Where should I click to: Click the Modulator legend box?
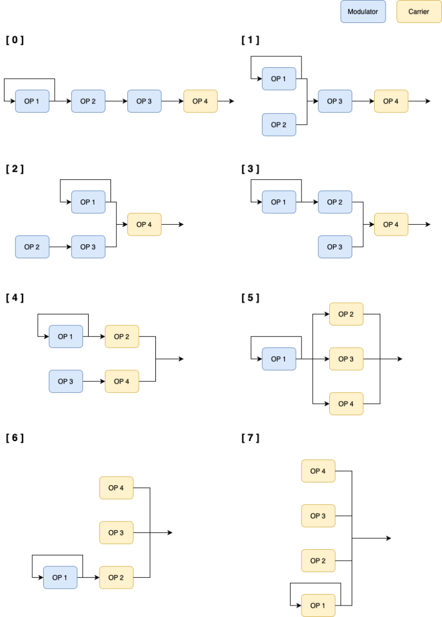pyautogui.click(x=363, y=12)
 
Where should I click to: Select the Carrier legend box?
pyautogui.click(x=418, y=12)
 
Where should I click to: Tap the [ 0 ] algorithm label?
pyautogui.click(x=14, y=40)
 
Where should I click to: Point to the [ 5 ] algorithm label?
pyautogui.click(x=250, y=297)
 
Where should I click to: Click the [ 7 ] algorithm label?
pyautogui.click(x=250, y=438)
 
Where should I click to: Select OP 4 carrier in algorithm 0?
pyautogui.click(x=200, y=101)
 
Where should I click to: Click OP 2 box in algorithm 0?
pyautogui.click(x=88, y=101)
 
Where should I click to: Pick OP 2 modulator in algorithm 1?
pyautogui.click(x=279, y=125)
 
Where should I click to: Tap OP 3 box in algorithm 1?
pyautogui.click(x=335, y=101)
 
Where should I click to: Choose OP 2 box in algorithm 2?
pyautogui.click(x=32, y=247)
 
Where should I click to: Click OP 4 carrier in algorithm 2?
pyautogui.click(x=144, y=224)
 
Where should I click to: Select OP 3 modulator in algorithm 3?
pyautogui.click(x=335, y=247)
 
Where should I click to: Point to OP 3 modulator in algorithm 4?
pyautogui.click(x=66, y=381)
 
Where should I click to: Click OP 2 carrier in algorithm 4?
pyautogui.click(x=121, y=336)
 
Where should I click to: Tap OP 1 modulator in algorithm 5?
pyautogui.click(x=279, y=359)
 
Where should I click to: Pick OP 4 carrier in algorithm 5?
pyautogui.click(x=346, y=404)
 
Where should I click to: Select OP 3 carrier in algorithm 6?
pyautogui.click(x=116, y=532)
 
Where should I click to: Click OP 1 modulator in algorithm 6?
pyautogui.click(x=60, y=577)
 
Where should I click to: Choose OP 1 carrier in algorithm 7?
pyautogui.click(x=318, y=605)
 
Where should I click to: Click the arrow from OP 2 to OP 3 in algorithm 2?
pyautogui.click(x=60, y=247)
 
